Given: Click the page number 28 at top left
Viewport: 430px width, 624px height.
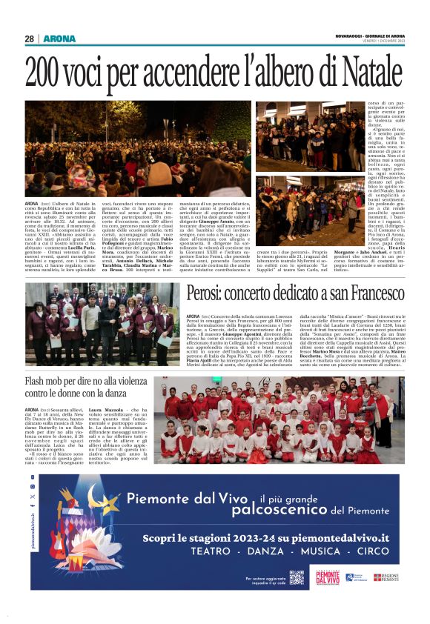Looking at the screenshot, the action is (29, 39).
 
